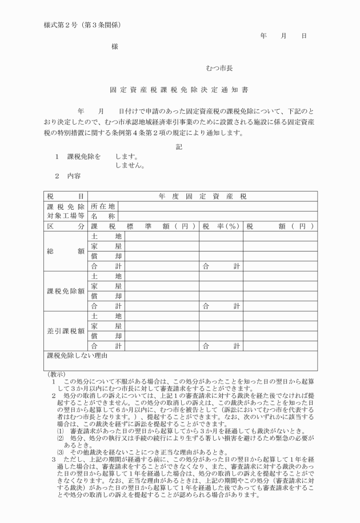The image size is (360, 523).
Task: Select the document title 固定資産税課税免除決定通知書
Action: [x=180, y=90]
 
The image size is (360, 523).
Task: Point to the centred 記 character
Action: [x=179, y=146]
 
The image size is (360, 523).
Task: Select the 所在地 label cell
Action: [x=103, y=207]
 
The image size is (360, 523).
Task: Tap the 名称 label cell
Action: [x=103, y=217]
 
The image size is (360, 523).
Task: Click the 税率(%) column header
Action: [x=221, y=226]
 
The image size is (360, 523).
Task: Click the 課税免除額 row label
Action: [x=65, y=291]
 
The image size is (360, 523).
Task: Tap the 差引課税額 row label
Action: [x=65, y=331]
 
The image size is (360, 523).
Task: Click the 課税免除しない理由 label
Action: [x=77, y=356]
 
